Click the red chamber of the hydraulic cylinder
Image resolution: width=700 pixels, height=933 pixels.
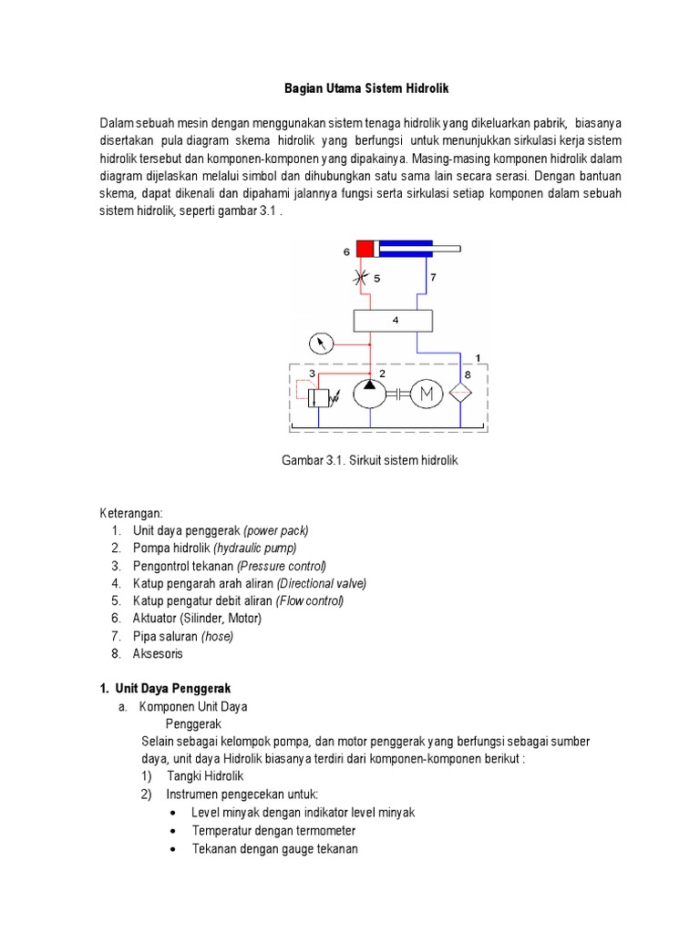[x=366, y=249]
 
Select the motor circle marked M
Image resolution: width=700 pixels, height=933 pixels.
[x=425, y=393]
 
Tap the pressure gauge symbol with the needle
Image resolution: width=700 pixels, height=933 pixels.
[x=320, y=344]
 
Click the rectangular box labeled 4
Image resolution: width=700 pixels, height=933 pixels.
[x=394, y=321]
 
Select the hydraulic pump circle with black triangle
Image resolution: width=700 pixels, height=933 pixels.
[x=370, y=393]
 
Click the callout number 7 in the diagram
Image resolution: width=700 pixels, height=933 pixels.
[x=433, y=276]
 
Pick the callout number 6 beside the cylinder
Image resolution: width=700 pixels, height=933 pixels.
[x=346, y=251]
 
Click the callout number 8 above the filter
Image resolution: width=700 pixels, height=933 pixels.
[x=468, y=373]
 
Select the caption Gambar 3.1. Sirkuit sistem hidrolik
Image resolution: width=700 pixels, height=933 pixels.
[x=369, y=461]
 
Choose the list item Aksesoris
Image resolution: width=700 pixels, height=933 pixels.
[x=159, y=653]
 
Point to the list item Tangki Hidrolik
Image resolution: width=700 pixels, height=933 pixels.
[x=205, y=775]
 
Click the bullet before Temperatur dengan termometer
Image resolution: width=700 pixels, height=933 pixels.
[x=174, y=831]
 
